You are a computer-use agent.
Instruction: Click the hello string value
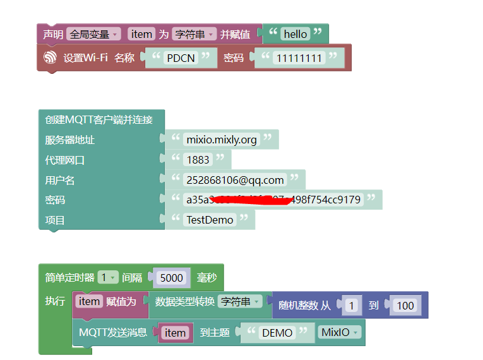295,34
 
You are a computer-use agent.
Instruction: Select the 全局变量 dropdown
93,34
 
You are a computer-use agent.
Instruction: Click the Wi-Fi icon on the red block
50,57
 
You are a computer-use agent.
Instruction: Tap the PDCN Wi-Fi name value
181,58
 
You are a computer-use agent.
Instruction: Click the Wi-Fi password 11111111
299,58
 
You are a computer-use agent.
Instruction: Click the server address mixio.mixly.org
222,140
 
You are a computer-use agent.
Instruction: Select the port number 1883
198,160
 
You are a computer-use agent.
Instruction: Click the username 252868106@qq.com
235,180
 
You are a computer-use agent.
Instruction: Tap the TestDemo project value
210,220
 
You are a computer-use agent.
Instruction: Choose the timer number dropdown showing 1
108,277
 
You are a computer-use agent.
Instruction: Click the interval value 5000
171,278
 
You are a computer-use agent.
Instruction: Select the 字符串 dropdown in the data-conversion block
239,302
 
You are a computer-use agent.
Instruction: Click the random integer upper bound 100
405,306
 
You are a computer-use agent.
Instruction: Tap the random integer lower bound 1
352,306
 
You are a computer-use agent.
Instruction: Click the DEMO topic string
277,332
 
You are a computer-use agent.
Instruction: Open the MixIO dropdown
340,332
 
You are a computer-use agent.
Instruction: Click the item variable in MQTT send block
175,333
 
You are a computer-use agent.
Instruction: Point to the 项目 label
55,220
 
